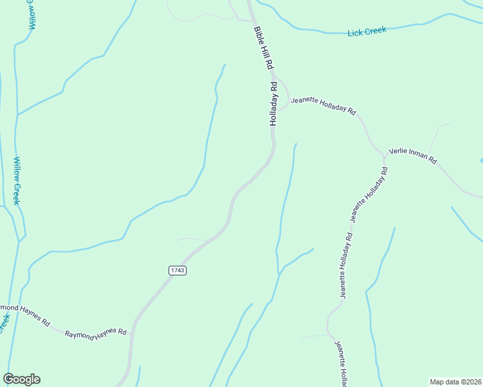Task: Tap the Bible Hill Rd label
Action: (x=264, y=49)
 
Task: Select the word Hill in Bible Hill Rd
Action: (x=264, y=50)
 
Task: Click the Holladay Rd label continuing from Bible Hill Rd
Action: (x=274, y=103)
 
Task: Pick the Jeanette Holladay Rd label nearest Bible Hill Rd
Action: (x=323, y=106)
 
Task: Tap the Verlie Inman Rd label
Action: (x=413, y=157)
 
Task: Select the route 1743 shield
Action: (x=178, y=270)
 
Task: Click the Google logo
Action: (x=21, y=379)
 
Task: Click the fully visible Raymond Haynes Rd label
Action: (x=96, y=333)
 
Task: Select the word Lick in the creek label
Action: (x=355, y=32)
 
